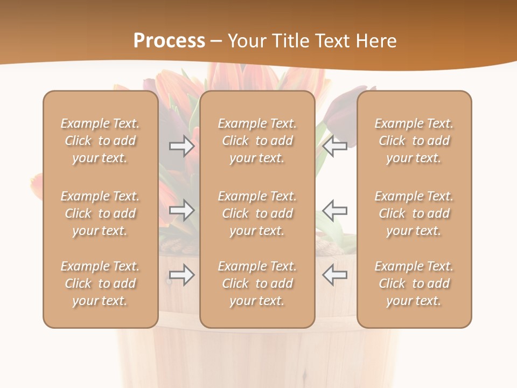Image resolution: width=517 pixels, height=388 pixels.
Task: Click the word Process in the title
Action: pos(169,41)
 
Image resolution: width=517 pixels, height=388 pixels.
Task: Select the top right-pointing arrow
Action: pos(181,146)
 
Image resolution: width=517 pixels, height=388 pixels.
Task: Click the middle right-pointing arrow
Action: pos(181,210)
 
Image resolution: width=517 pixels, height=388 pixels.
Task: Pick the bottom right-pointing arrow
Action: pos(181,275)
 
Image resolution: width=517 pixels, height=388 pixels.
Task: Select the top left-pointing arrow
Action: pos(335,146)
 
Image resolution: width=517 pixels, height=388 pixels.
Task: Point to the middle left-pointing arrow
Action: pos(335,210)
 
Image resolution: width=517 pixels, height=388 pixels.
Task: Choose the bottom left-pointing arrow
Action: pos(335,275)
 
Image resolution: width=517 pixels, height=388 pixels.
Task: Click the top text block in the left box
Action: pos(100,141)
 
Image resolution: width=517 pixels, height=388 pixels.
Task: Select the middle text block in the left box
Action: pos(100,213)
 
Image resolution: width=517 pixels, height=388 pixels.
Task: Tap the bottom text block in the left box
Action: pos(100,283)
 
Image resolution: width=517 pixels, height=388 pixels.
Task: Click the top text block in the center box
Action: pos(257,141)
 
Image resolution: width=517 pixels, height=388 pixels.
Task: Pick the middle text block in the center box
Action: pos(257,213)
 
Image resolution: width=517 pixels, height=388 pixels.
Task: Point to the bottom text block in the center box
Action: pos(257,283)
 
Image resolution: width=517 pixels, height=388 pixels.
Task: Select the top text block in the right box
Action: pos(414,141)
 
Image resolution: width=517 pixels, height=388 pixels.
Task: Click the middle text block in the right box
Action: pos(414,213)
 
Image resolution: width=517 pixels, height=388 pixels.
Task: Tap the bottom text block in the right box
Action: pos(414,283)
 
